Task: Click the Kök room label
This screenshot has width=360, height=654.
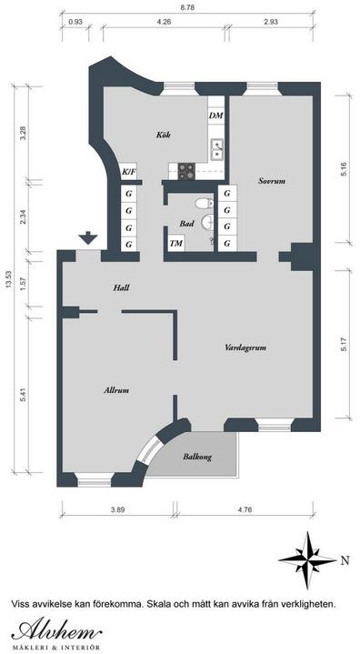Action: point(164,136)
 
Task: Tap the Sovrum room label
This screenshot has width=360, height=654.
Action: point(272,181)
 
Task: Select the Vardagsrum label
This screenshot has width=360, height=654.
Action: point(245,347)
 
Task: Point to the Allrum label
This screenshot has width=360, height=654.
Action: point(116,390)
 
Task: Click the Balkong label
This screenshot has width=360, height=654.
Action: point(197,458)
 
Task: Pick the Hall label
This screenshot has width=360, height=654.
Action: point(121,287)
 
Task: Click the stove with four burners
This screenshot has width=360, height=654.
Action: point(186,170)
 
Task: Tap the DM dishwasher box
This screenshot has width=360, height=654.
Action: point(216,116)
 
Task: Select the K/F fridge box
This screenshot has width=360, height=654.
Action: point(129,171)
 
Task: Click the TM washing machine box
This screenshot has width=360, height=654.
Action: point(176,244)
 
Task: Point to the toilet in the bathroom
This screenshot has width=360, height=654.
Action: point(205,203)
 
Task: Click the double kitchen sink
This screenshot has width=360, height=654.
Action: point(217,150)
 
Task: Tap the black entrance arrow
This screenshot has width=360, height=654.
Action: point(88,237)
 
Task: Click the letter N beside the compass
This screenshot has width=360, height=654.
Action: point(345,560)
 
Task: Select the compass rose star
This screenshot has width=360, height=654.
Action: point(308,559)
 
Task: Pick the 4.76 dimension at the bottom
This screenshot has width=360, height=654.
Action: point(245,509)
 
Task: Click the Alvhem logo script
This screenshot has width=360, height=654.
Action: point(56,629)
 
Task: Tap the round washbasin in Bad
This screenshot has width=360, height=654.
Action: point(207,223)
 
